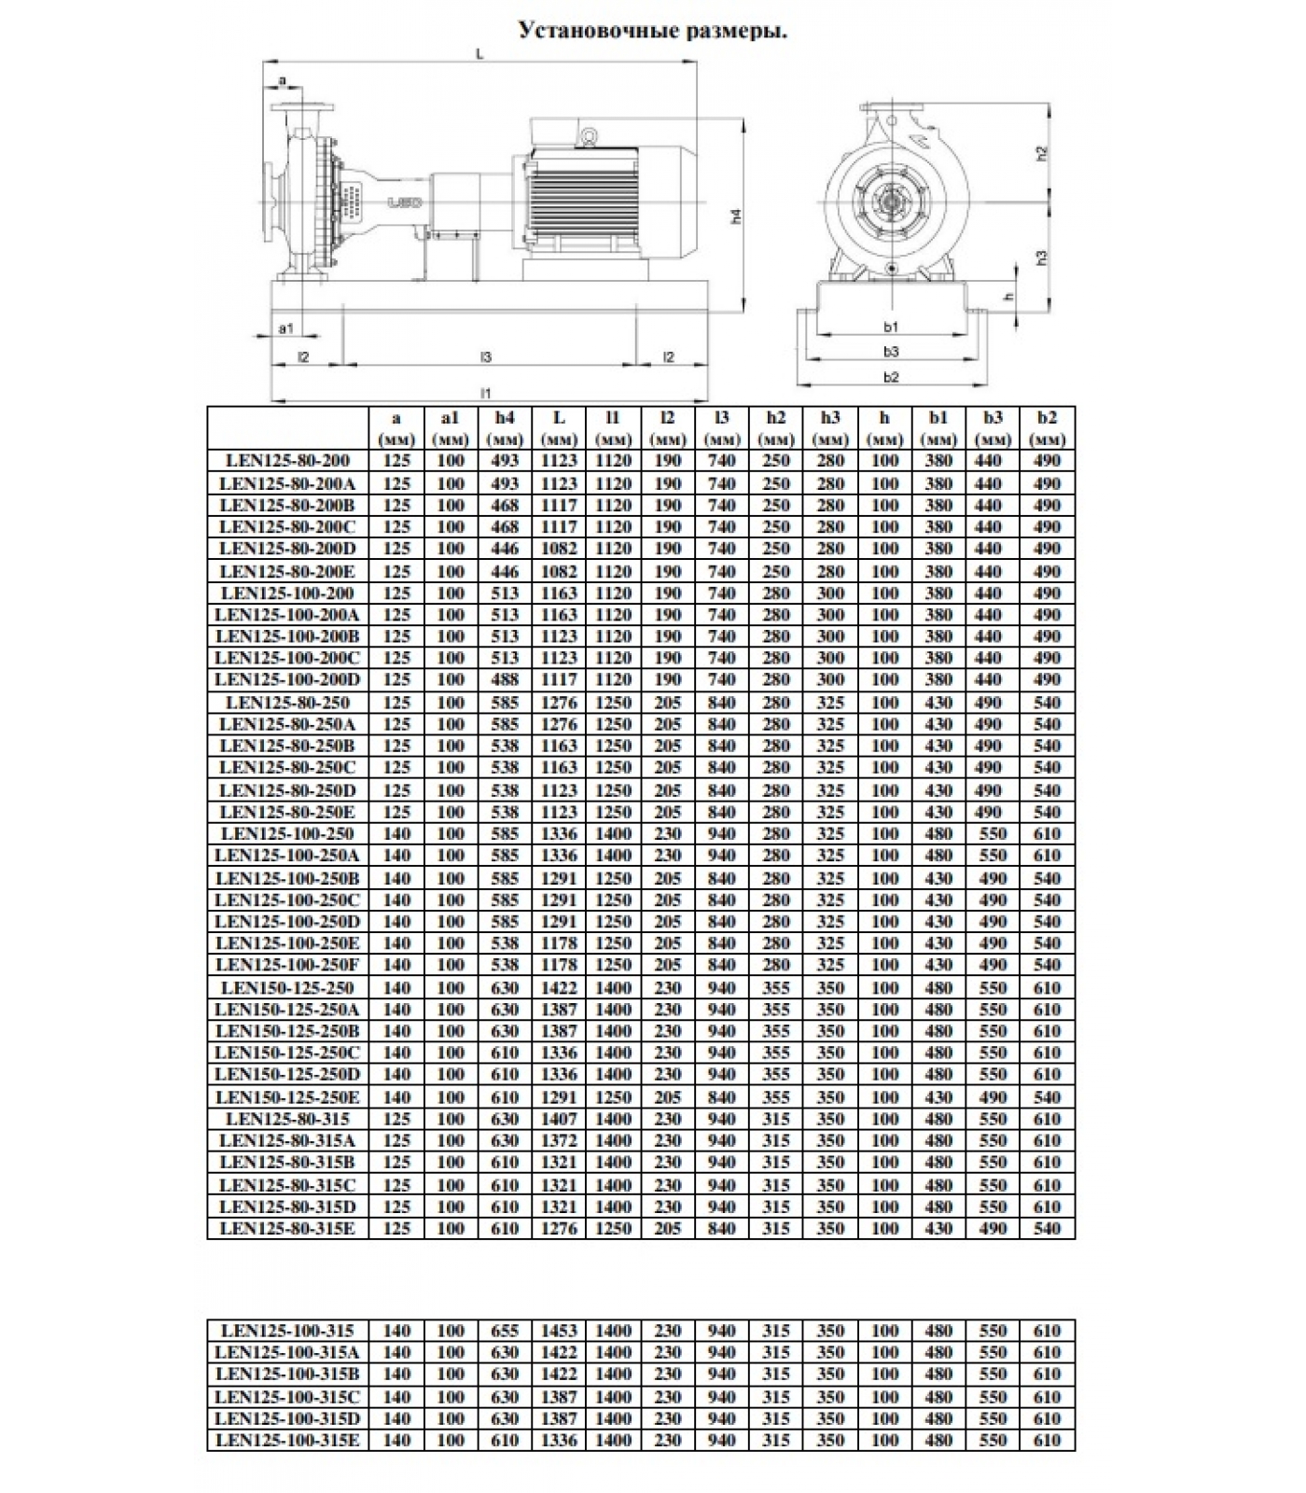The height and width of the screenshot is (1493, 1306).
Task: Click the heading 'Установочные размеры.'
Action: tap(653, 31)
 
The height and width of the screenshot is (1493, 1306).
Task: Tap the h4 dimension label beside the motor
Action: tap(736, 216)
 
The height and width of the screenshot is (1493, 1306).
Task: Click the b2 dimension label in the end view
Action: tap(891, 377)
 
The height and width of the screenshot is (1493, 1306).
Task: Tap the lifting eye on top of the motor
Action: tap(589, 136)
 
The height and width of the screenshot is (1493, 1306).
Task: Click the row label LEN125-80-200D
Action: tap(287, 549)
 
